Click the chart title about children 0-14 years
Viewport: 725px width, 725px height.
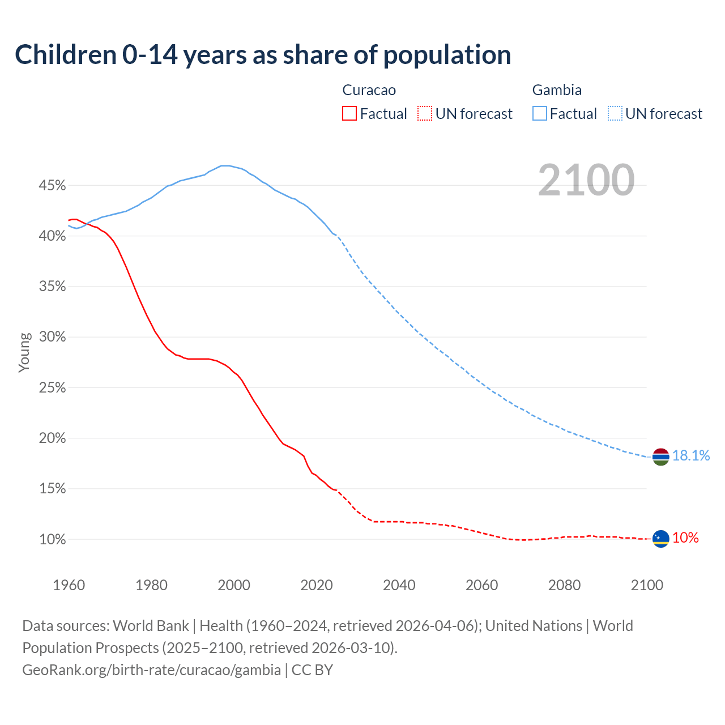(x=263, y=55)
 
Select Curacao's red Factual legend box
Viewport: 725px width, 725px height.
(x=349, y=114)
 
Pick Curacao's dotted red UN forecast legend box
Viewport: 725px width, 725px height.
(x=425, y=114)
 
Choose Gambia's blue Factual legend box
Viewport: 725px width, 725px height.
(x=540, y=114)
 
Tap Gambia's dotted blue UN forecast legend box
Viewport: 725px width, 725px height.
(x=615, y=114)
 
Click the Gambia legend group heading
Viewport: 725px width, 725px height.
(x=557, y=90)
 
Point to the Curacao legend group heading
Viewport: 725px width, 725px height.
(x=369, y=90)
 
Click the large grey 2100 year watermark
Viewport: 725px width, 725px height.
(x=586, y=180)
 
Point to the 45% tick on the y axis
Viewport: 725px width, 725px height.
(x=53, y=186)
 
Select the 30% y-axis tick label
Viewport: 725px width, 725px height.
(x=53, y=337)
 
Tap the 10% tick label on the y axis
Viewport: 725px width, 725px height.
(x=53, y=539)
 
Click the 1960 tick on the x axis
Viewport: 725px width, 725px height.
(x=69, y=585)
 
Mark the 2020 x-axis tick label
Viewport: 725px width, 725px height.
(x=317, y=585)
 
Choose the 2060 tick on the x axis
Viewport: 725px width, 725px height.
(x=481, y=585)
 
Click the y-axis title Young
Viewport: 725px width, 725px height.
(x=24, y=352)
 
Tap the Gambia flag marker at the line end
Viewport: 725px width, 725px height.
(x=661, y=457)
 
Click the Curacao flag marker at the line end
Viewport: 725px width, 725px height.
(x=661, y=539)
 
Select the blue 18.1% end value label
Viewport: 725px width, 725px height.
(x=691, y=456)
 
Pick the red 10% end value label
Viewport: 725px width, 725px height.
(x=685, y=538)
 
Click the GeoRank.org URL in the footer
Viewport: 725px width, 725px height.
(x=151, y=670)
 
